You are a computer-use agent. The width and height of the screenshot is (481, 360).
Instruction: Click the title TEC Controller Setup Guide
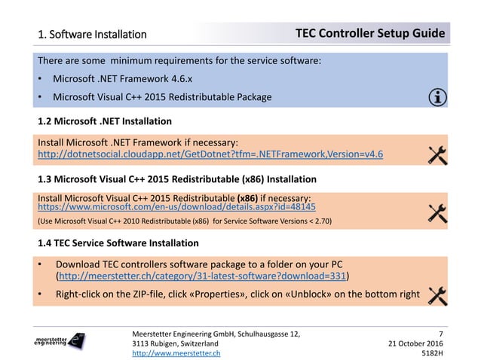tap(369, 34)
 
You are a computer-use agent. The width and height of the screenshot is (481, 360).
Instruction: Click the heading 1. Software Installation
tap(93, 35)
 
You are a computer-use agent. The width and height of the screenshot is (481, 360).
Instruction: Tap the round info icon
tap(436, 96)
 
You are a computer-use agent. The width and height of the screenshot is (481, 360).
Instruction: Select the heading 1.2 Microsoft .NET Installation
tap(105, 121)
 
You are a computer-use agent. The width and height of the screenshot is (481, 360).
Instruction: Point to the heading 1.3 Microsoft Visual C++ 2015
tap(176, 179)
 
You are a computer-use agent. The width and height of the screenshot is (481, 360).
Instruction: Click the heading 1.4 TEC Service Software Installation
tap(118, 243)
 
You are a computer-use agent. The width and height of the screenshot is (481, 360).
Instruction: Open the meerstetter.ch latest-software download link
tap(204, 276)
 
